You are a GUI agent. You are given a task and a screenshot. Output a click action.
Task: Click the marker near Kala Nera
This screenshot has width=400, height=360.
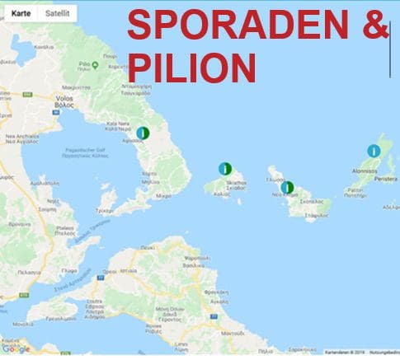point(142,132)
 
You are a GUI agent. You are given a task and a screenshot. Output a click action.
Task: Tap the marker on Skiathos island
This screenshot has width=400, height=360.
point(224,168)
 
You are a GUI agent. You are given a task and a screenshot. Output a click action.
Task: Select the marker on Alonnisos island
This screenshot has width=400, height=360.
point(374,151)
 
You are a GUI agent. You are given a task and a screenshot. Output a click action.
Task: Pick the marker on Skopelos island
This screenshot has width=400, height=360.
point(286,187)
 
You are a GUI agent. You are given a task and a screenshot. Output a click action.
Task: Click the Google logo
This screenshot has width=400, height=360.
point(16,348)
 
